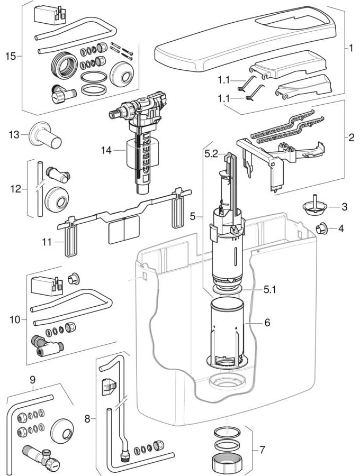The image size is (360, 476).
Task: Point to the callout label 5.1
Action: click(x=270, y=290)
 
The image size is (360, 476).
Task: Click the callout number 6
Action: click(x=267, y=322)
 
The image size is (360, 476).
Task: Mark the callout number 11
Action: click(x=48, y=242)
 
